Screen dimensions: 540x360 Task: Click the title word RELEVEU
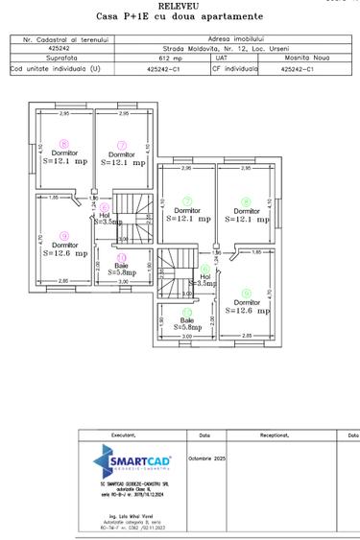pyautogui.click(x=180, y=5)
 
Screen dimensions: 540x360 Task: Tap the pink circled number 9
pyautogui.click(x=64, y=235)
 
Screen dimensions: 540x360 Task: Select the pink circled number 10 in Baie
pyautogui.click(x=121, y=257)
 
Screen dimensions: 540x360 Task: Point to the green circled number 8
pyautogui.click(x=246, y=200)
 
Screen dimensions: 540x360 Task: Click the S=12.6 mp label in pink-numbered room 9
pyautogui.click(x=65, y=254)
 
